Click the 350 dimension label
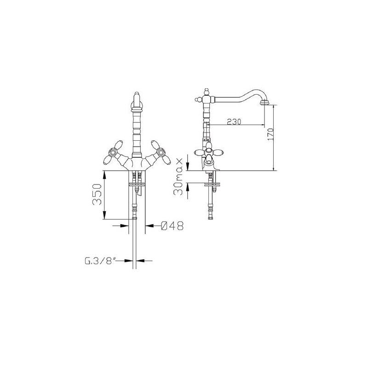tap(97, 194)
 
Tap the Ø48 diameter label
tap(172, 226)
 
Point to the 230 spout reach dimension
tap(234, 121)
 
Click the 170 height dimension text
tap(270, 134)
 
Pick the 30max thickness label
tap(178, 177)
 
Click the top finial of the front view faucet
tap(137, 96)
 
